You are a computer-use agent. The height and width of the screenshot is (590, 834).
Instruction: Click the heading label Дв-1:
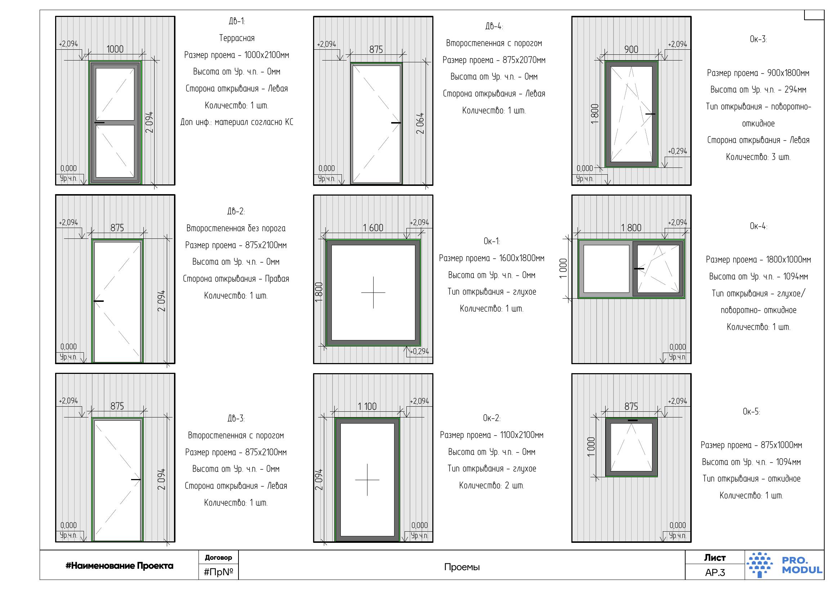tap(237, 22)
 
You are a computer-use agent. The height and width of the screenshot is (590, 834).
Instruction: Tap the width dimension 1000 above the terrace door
tap(115, 49)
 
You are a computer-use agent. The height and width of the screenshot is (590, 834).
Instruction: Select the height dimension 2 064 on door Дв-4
tap(420, 123)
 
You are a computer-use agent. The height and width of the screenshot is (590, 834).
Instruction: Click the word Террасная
tap(237, 38)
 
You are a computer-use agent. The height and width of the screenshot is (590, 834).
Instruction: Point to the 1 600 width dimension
tap(373, 228)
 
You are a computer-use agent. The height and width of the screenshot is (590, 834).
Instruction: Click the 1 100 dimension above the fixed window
tap(367, 406)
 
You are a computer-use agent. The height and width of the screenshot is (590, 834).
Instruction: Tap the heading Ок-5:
tap(751, 412)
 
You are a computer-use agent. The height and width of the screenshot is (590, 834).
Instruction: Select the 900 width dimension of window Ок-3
tap(631, 49)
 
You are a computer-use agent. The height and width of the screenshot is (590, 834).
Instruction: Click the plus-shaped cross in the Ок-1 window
tap(373, 292)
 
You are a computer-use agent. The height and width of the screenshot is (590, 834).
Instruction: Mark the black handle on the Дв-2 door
tap(98, 301)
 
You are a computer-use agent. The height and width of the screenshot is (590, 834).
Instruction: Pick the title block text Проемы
tap(462, 567)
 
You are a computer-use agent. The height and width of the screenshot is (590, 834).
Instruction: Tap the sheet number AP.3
tap(715, 573)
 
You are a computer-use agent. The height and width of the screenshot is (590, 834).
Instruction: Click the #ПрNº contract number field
tap(218, 572)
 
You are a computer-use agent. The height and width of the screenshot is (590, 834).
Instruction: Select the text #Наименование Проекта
tap(119, 566)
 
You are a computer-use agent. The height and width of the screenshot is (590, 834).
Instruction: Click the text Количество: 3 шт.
tap(758, 157)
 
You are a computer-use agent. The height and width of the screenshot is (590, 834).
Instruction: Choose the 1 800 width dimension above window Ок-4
tap(631, 228)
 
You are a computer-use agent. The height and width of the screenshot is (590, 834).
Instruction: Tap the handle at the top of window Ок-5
tap(632, 420)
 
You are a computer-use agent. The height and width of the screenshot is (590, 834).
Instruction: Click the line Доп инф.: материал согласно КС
tap(237, 122)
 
